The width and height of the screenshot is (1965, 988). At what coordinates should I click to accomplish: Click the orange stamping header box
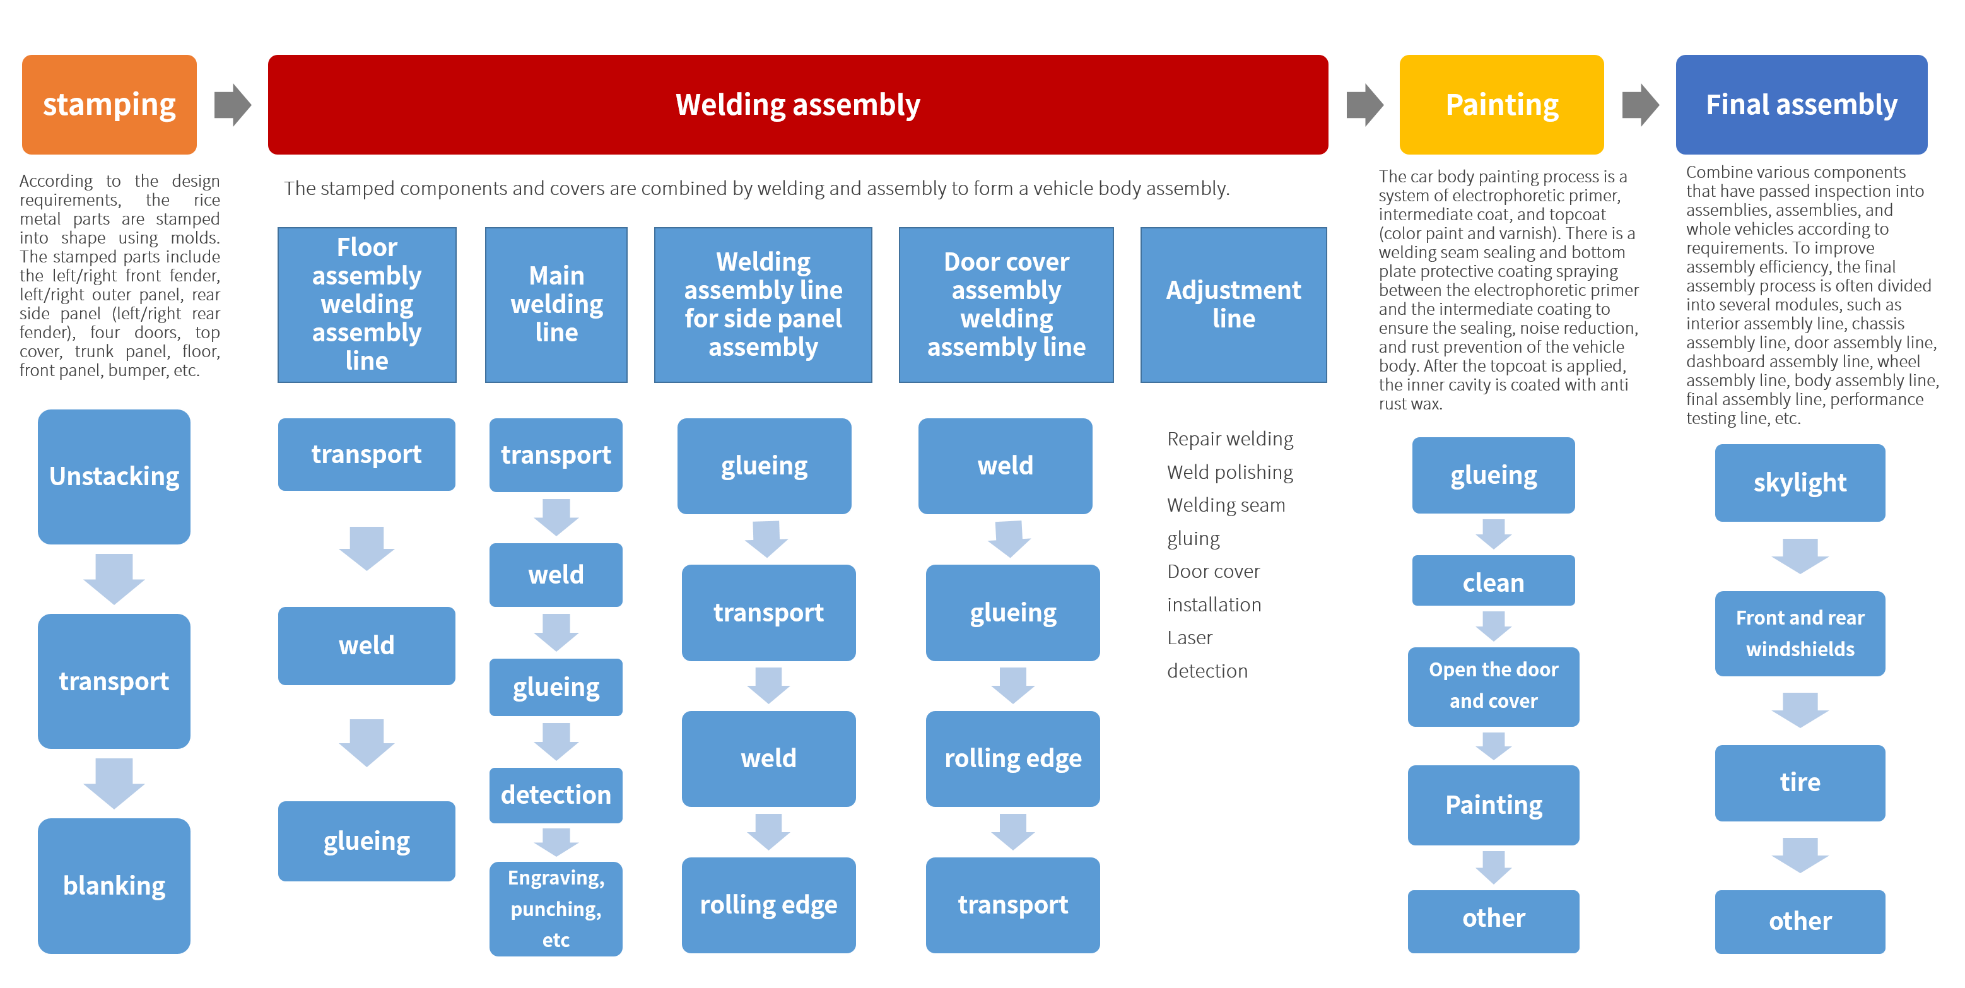109,105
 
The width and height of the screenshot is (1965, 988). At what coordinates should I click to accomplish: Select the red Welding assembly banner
797,105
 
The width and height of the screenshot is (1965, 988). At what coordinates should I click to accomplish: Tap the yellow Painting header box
1501,105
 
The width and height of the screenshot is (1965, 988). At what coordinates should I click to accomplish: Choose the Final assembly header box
1801,105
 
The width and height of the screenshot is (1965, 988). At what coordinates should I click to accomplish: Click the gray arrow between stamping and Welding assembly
232,105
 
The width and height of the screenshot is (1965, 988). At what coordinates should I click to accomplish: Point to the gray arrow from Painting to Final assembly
1640,105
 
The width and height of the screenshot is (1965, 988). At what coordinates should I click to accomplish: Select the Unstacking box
114,476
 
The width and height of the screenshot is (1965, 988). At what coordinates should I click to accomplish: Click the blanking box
114,885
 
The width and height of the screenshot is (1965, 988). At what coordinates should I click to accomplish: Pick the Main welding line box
556,304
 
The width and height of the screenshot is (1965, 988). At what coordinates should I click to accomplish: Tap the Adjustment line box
1233,304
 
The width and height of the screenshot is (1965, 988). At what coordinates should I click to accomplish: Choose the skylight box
1800,482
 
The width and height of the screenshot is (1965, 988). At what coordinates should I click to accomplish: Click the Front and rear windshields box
1800,633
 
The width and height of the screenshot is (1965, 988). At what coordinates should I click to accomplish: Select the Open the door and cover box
1493,686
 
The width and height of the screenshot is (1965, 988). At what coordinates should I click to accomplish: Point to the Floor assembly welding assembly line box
367,304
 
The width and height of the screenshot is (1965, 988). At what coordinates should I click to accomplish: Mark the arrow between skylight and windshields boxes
1800,555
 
